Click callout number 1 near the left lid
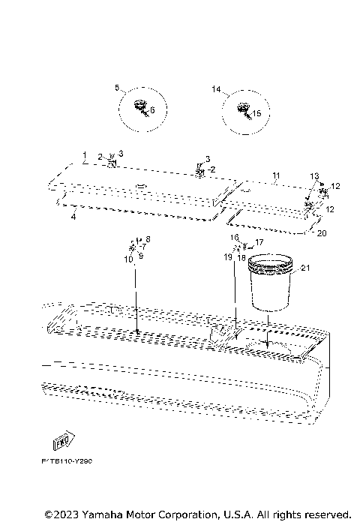(85, 153)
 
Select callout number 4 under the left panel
(73, 217)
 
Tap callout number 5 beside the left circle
(117, 88)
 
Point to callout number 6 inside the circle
(152, 110)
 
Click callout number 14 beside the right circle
(216, 88)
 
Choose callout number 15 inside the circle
(256, 114)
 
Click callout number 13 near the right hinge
(314, 175)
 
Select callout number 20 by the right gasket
(322, 233)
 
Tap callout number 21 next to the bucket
(304, 268)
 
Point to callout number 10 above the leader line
(129, 259)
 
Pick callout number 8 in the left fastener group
(148, 238)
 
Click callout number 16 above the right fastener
(234, 237)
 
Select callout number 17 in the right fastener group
(259, 242)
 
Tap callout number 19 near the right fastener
(228, 257)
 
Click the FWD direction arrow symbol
(63, 439)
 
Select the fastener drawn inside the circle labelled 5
(139, 107)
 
